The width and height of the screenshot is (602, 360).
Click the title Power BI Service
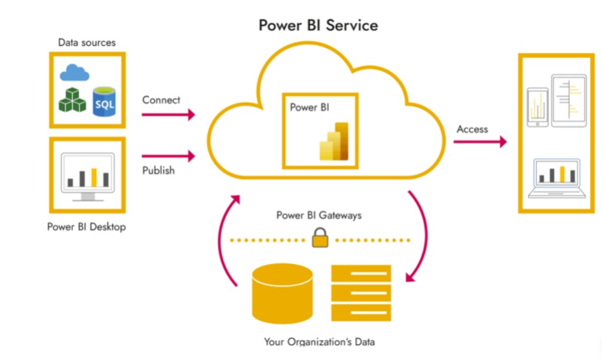[319, 25]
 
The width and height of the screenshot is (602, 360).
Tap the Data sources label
[87, 42]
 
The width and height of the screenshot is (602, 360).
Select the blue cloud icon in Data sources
[75, 72]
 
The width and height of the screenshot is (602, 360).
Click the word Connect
[161, 100]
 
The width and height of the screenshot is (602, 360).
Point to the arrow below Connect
[168, 115]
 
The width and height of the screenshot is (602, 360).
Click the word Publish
[158, 171]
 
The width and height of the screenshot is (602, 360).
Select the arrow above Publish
[168, 156]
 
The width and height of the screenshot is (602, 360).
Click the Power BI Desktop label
[86, 226]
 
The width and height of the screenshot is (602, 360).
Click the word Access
[472, 129]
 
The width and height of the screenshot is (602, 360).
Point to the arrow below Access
[480, 142]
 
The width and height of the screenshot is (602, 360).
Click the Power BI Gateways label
[319, 215]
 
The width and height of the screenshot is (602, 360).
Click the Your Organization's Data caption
[319, 342]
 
